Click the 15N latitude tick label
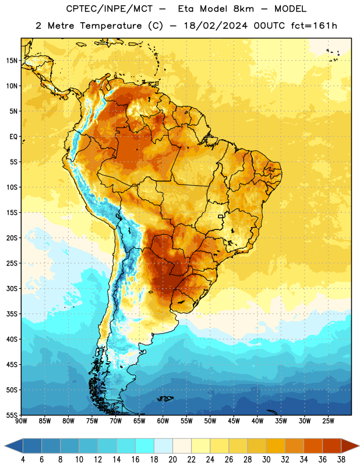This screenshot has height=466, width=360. coord(12,61)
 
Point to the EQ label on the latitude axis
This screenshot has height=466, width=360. coord(13,137)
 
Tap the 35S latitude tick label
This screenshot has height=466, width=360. coord(12,314)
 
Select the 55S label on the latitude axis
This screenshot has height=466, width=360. coord(12,415)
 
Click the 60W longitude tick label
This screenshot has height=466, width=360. coord(163,421)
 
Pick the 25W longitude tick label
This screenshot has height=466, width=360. coord(328,421)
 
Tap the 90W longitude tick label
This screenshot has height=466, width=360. coord(21,421)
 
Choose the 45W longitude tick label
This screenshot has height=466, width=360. coord(234,421)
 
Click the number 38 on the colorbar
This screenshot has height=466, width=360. coord(341,460)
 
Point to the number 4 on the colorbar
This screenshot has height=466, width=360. coord(23,460)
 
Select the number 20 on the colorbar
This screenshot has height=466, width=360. coord(172,460)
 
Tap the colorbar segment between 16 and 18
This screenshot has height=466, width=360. coord(145,446)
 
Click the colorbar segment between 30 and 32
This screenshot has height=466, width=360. coord(276,446)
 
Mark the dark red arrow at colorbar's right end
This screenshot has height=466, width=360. coord(350,446)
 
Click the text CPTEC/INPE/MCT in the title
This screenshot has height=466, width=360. coord(109,9)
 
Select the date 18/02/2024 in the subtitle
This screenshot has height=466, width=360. coord(216,26)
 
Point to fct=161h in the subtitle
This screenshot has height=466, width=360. coord(314,26)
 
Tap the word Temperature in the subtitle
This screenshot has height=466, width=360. coord(111,26)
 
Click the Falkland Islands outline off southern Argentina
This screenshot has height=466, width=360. coord(165,398)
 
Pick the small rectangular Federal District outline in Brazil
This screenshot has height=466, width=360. coord(221,216)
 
